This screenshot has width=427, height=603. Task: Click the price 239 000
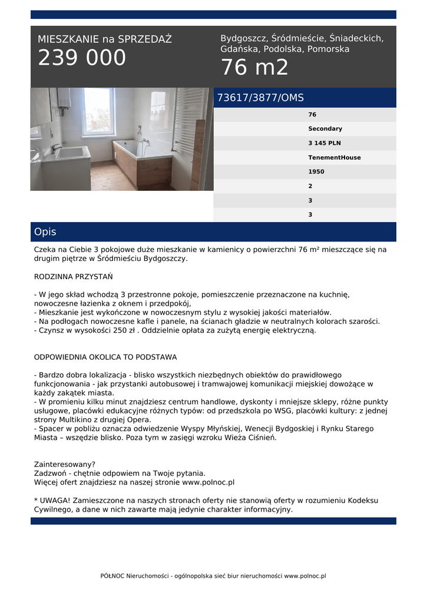pos(82,58)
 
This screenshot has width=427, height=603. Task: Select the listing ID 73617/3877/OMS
pos(260,98)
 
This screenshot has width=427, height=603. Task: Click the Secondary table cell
pos(325,128)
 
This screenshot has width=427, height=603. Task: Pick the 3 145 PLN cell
pos(325,143)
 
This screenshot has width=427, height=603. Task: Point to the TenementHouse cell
pos(334,157)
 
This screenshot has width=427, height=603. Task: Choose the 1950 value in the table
pos(316,172)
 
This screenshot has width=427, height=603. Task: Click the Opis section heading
pos(45,232)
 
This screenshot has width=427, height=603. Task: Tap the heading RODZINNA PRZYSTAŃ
pos(74,276)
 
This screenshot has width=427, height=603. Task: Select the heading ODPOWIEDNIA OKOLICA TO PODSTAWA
pos(105,357)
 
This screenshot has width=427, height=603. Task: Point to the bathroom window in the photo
pos(98,112)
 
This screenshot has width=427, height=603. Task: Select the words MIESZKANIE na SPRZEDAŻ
pos(105,39)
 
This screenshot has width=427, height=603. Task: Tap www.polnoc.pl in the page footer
pos(305,576)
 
